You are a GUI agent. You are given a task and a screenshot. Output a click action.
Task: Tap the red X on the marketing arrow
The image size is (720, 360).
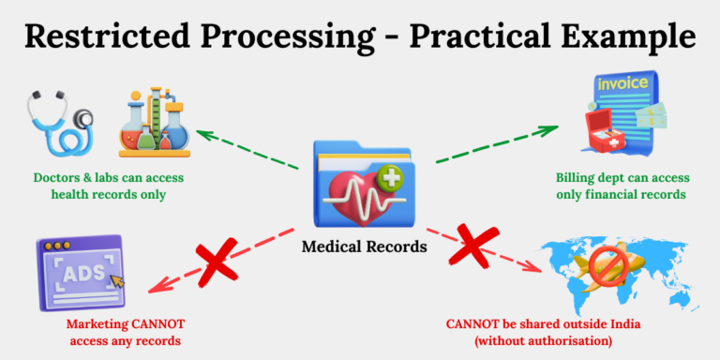[x=216, y=262]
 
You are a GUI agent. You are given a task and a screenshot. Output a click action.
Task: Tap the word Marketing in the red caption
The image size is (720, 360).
[x=99, y=325]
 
